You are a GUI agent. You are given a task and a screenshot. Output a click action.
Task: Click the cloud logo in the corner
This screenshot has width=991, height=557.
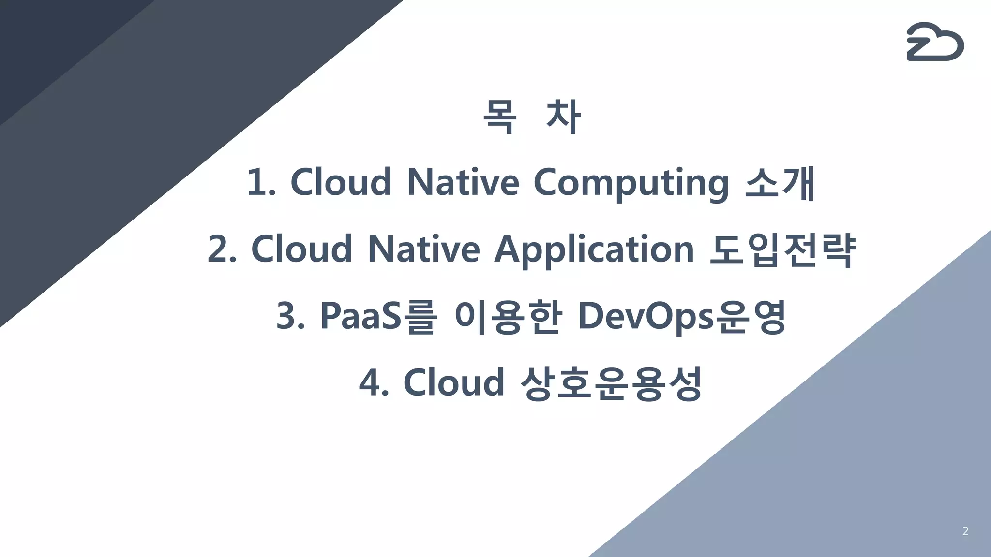(935, 42)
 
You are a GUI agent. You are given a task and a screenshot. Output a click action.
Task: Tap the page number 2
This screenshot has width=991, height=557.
(965, 531)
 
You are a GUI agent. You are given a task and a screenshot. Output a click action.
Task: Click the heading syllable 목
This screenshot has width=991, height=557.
(500, 117)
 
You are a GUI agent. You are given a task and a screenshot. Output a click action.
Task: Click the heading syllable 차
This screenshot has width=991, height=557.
(563, 117)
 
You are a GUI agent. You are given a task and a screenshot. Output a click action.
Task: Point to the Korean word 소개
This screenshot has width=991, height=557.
(780, 183)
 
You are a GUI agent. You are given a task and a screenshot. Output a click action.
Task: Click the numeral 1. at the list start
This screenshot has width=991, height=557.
(261, 183)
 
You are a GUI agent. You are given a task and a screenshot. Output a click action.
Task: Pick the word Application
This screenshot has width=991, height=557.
(594, 249)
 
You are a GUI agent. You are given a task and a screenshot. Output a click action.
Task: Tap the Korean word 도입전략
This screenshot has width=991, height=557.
(782, 249)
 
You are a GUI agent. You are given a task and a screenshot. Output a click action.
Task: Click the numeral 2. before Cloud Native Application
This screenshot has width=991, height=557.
(222, 249)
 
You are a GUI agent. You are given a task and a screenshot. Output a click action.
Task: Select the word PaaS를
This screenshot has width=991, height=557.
(379, 316)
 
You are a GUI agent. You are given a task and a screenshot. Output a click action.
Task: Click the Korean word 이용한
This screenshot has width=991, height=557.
(508, 316)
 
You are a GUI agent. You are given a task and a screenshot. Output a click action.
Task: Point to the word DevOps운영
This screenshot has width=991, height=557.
(682, 316)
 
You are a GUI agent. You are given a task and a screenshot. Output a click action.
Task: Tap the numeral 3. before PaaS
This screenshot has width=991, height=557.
(291, 316)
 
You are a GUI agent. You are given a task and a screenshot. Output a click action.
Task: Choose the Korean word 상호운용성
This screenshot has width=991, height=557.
(611, 383)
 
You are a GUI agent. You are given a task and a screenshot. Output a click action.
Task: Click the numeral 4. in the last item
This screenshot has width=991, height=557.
(374, 383)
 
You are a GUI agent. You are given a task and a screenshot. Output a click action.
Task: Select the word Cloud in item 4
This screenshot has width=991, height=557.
(453, 383)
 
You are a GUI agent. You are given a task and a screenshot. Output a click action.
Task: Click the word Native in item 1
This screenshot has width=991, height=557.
(463, 183)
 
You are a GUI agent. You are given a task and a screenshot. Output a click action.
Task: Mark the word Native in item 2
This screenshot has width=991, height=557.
(423, 249)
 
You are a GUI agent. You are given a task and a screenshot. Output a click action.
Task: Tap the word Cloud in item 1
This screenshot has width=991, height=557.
(341, 183)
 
